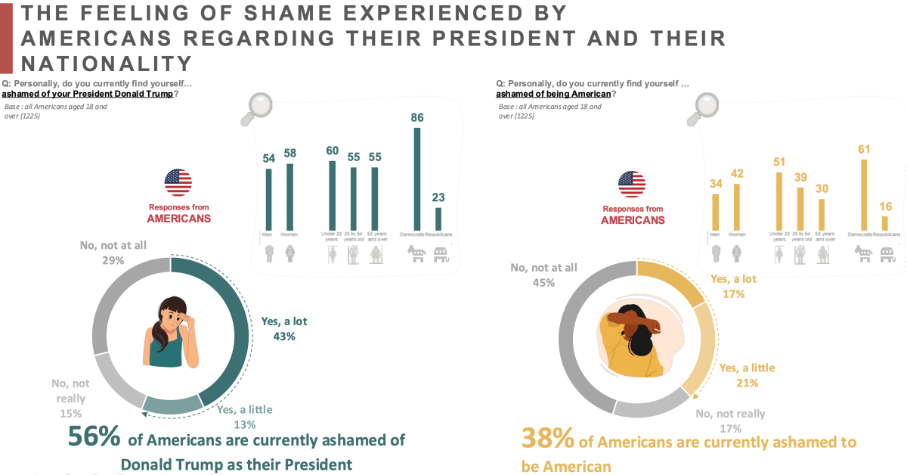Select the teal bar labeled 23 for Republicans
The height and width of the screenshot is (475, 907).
(x=438, y=217)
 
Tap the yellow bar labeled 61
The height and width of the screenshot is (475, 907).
(x=865, y=192)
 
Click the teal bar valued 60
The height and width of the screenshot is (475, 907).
(x=332, y=193)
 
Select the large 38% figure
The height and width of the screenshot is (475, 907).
(x=548, y=439)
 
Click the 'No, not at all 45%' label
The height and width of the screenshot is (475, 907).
(x=543, y=275)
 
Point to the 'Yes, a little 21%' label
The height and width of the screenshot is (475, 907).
(x=747, y=375)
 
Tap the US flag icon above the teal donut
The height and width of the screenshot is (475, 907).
(x=178, y=182)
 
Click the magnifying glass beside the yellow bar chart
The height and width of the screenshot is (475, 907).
(x=705, y=110)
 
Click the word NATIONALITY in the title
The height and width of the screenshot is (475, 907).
(x=107, y=62)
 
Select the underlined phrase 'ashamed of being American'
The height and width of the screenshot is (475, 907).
(x=553, y=95)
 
